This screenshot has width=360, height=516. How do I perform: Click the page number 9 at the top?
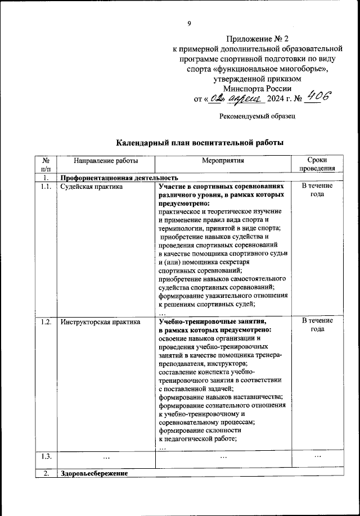(x=190, y=23)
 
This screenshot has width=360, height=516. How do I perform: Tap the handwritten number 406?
(x=319, y=98)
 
